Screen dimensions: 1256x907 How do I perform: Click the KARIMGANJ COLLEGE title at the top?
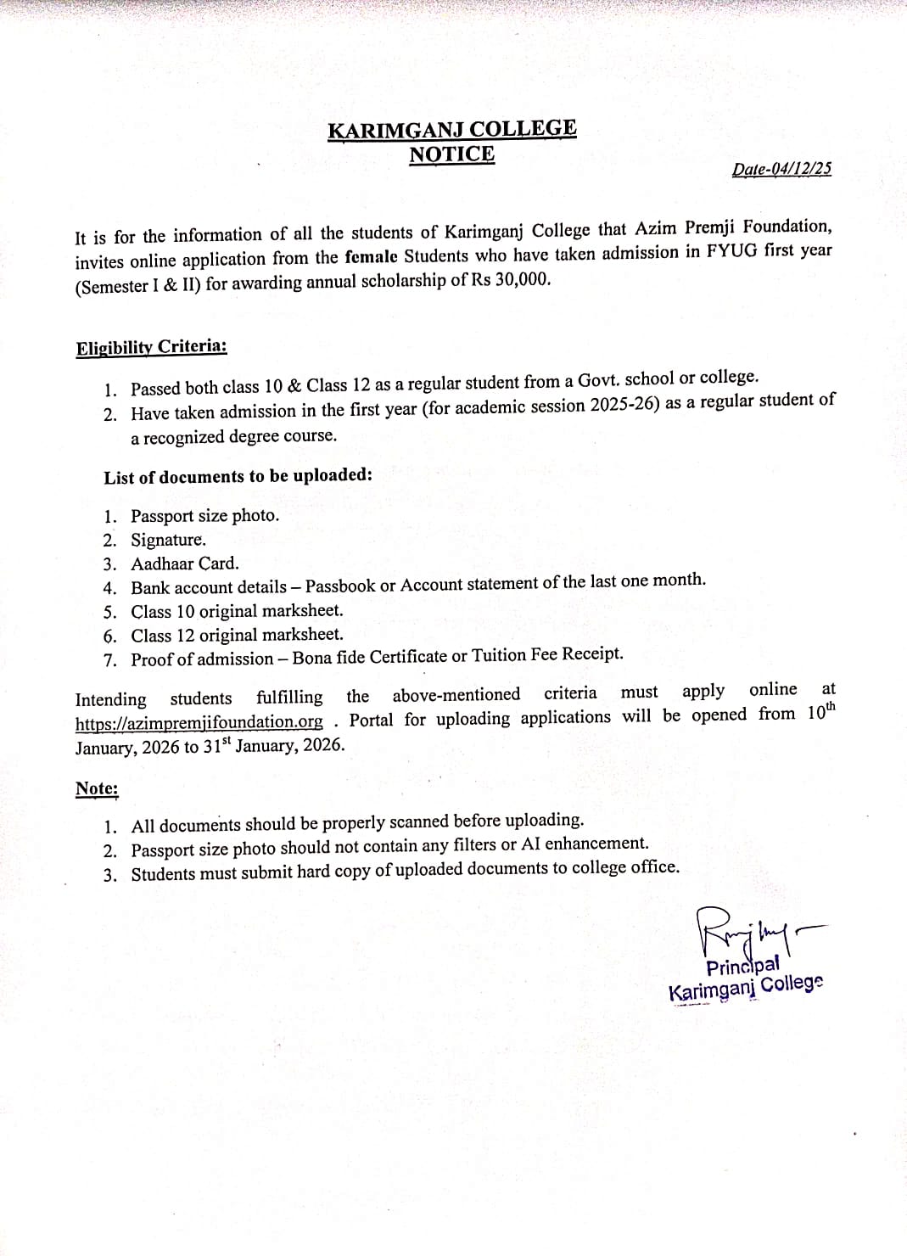tap(451, 130)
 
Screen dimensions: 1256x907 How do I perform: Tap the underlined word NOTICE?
tap(451, 154)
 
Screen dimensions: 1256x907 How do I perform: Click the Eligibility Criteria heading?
tap(152, 347)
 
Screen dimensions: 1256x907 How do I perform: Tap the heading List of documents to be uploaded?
tap(238, 476)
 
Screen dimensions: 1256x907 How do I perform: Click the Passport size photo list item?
tap(204, 516)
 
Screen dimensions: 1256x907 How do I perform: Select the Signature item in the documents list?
tap(168, 540)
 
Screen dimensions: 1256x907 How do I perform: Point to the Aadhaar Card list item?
tap(185, 564)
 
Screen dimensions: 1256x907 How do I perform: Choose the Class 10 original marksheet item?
tap(237, 611)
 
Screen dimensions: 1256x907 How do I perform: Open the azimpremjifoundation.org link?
tap(199, 722)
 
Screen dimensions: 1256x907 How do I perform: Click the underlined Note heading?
tap(97, 788)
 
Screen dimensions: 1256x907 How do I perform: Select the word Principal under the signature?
tap(742, 967)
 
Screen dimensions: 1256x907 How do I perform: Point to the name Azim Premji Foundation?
tap(732, 227)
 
